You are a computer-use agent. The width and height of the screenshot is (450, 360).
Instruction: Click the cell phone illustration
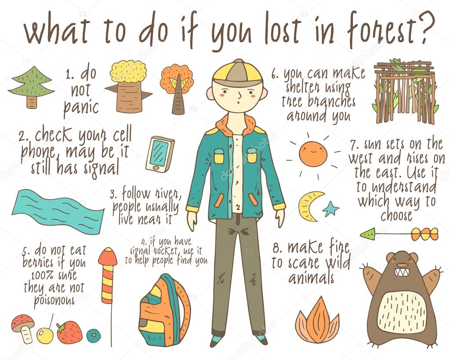tap(160, 154)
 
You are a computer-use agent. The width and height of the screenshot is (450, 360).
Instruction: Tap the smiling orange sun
tap(313, 154)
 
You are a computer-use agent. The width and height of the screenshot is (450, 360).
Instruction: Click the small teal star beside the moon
tap(330, 208)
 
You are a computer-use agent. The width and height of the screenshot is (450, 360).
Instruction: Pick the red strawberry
tap(69, 332)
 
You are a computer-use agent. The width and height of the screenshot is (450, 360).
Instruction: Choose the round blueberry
tap(93, 335)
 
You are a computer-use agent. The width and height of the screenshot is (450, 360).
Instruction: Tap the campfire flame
tap(317, 320)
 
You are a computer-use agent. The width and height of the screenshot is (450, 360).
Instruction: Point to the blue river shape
tap(58, 211)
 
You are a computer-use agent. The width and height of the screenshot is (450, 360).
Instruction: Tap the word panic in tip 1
tap(81, 107)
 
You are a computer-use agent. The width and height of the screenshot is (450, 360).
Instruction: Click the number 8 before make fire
tap(276, 248)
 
